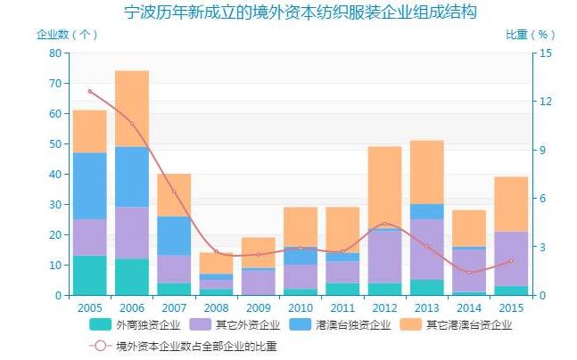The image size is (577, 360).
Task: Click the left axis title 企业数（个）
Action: pyautogui.click(x=67, y=35)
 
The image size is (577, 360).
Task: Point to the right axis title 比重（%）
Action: pyautogui.click(x=530, y=35)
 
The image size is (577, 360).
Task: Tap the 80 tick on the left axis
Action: pyautogui.click(x=55, y=53)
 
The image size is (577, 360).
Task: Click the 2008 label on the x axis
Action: pyautogui.click(x=216, y=307)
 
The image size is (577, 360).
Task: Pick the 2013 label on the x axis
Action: pyautogui.click(x=427, y=307)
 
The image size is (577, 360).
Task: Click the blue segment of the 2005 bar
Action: pyautogui.click(x=89, y=185)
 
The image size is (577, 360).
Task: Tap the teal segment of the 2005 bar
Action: pyautogui.click(x=89, y=275)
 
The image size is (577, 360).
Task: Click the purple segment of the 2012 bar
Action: pyautogui.click(x=384, y=257)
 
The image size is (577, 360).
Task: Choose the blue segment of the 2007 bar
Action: pyautogui.click(x=174, y=235)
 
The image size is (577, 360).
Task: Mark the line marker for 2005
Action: pyautogui.click(x=89, y=91)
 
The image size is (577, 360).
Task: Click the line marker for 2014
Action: pyautogui.click(x=469, y=272)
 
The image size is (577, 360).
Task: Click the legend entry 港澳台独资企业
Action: pyautogui.click(x=347, y=324)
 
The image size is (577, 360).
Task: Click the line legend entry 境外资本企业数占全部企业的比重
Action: pyautogui.click(x=205, y=346)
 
